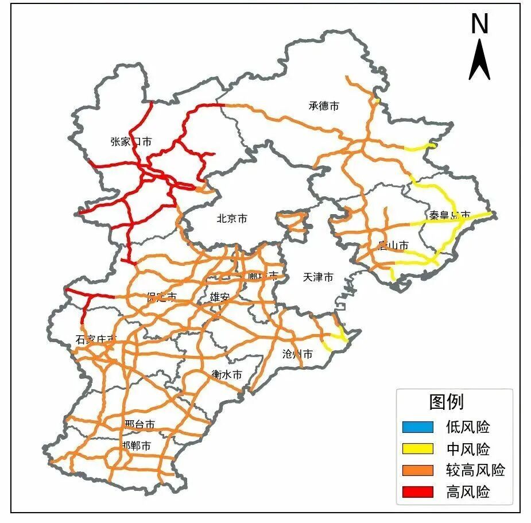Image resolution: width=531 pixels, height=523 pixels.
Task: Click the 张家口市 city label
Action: click(x=131, y=141)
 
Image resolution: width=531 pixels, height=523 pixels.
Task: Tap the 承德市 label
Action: click(x=324, y=106)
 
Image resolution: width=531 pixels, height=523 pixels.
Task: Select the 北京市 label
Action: click(x=232, y=219)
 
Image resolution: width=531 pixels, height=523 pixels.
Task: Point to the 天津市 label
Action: click(x=317, y=277)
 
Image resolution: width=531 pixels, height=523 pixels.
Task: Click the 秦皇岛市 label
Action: click(x=449, y=215)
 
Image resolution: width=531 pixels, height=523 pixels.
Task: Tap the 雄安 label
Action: click(x=219, y=297)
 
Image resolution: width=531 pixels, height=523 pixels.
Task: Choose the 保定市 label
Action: click(x=161, y=297)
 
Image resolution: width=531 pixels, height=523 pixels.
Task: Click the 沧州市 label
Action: click(x=297, y=354)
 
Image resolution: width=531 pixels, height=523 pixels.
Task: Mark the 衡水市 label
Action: click(x=226, y=374)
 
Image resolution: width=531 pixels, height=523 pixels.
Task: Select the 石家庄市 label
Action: click(x=96, y=340)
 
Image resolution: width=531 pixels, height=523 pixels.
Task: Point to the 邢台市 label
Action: click(x=139, y=425)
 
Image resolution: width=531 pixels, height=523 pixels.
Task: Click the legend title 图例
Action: click(x=446, y=402)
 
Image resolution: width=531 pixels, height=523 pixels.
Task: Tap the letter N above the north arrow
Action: click(x=479, y=24)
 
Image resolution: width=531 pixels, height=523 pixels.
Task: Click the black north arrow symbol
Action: click(x=479, y=60)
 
